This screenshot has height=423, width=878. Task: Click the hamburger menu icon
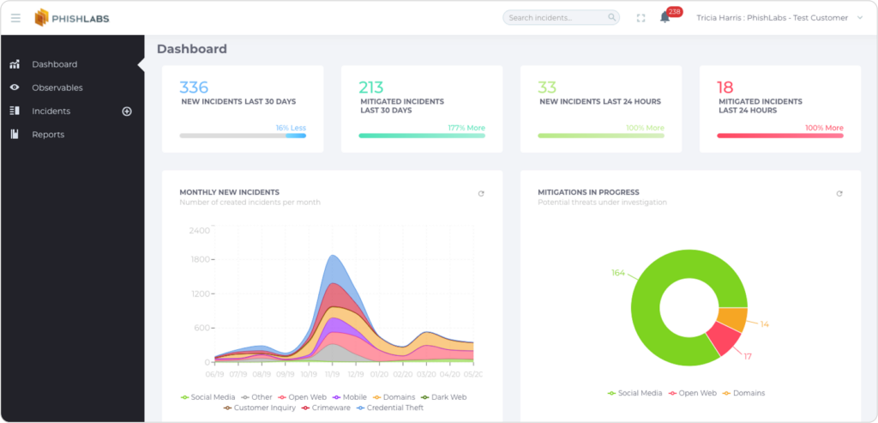pyautogui.click(x=15, y=18)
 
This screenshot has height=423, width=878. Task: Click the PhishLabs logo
pyautogui.click(x=72, y=18)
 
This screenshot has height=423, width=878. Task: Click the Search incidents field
pyautogui.click(x=557, y=17)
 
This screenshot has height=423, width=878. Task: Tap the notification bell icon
pyautogui.click(x=665, y=17)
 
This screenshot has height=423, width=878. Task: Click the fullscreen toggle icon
pyautogui.click(x=640, y=18)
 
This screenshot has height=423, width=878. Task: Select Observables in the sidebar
pyautogui.click(x=57, y=88)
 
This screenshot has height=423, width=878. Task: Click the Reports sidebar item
pyautogui.click(x=48, y=135)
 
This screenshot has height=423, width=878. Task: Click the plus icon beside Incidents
pyautogui.click(x=127, y=112)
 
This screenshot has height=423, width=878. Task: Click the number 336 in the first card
pyautogui.click(x=194, y=87)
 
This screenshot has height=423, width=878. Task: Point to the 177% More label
pyautogui.click(x=466, y=128)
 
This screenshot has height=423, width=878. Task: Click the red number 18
pyautogui.click(x=725, y=87)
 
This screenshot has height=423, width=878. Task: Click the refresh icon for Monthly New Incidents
pyautogui.click(x=481, y=194)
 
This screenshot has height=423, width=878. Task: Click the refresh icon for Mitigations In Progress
pyautogui.click(x=839, y=194)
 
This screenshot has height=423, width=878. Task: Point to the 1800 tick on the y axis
pyautogui.click(x=199, y=259)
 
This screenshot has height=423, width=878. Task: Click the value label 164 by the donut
pyautogui.click(x=618, y=273)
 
